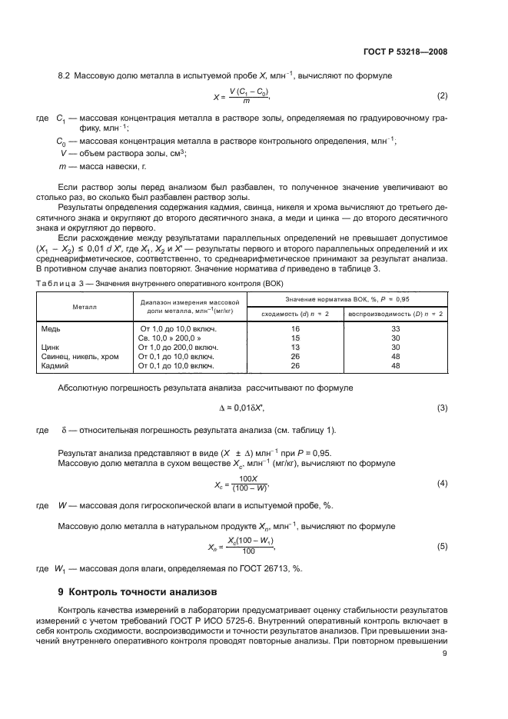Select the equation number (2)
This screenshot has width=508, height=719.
click(442, 96)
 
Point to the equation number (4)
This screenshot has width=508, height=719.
click(442, 484)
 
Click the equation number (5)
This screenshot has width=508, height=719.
click(442, 547)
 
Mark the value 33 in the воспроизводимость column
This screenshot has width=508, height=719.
click(397, 328)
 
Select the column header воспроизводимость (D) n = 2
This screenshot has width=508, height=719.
click(396, 314)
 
